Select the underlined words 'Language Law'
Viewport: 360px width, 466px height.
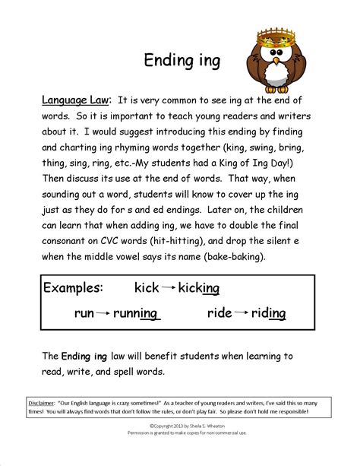coord(76,100)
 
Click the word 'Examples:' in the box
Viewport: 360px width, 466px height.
coord(73,287)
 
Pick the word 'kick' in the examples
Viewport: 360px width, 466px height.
coord(147,287)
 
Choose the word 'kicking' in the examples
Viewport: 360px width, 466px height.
coord(200,287)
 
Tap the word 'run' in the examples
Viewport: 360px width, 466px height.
coord(84,312)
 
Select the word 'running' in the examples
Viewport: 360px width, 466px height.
coord(135,312)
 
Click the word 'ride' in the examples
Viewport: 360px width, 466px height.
coord(220,312)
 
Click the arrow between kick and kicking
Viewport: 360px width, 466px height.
coord(169,287)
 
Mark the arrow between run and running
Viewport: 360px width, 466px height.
coord(103,312)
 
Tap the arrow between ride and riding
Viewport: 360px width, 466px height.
coord(242,312)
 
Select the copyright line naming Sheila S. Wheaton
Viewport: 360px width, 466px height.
coord(180,426)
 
